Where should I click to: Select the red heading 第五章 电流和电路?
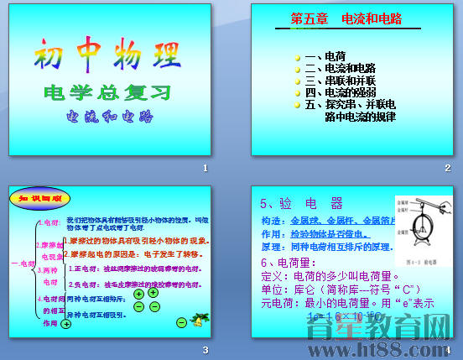(x=346, y=18)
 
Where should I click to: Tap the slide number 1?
(x=205, y=169)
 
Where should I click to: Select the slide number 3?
(x=205, y=349)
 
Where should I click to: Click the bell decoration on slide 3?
(x=199, y=320)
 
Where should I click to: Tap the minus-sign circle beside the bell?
(x=181, y=322)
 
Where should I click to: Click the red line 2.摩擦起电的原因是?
(x=134, y=253)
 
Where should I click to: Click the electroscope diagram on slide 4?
(x=423, y=227)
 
